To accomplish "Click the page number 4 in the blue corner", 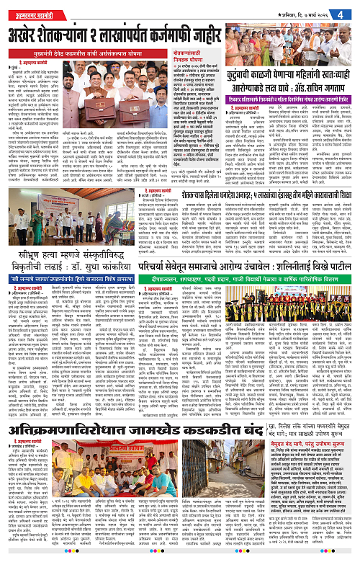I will (x=349, y=10).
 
